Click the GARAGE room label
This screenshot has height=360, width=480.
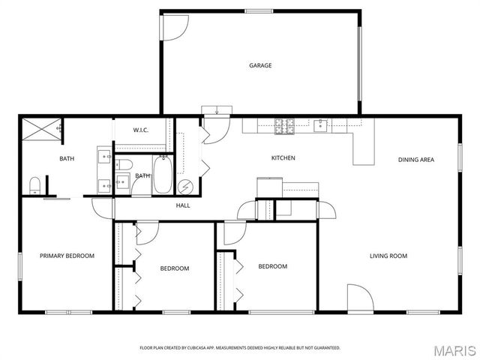(x=260, y=65)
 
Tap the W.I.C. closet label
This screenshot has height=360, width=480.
(x=141, y=130)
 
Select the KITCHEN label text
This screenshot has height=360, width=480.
(x=283, y=158)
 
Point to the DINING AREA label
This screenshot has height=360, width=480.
(x=416, y=160)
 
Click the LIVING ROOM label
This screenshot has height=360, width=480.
(x=388, y=256)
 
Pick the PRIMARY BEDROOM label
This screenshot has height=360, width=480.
(x=67, y=256)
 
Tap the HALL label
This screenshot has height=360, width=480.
(x=183, y=205)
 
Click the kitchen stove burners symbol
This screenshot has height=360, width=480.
(x=284, y=126)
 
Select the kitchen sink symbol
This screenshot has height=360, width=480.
(x=320, y=125)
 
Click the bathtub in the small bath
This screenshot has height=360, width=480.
(x=162, y=175)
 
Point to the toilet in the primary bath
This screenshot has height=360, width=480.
(x=35, y=185)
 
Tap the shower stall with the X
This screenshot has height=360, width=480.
(x=42, y=129)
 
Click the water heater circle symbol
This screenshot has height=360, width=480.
(x=185, y=187)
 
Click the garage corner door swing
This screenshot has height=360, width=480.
(x=175, y=28)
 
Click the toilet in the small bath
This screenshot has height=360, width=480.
(x=124, y=165)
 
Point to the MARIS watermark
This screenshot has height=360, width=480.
(x=455, y=351)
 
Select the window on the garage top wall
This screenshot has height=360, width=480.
(x=259, y=11)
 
